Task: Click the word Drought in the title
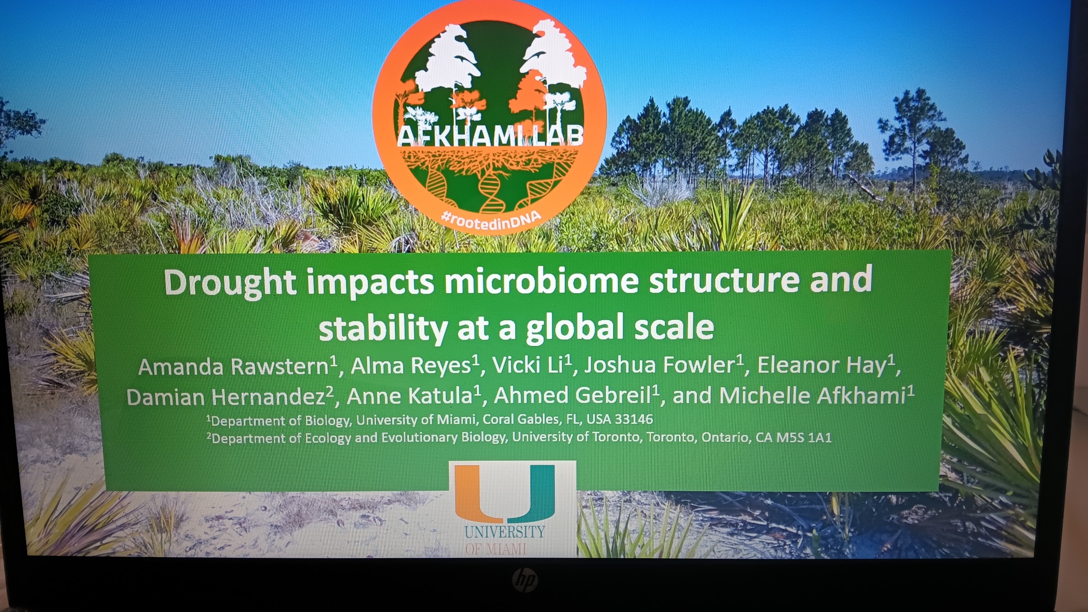click(230, 283)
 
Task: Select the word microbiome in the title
click(541, 281)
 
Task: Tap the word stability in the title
click(383, 329)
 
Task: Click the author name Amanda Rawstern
click(234, 367)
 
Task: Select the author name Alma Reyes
click(411, 366)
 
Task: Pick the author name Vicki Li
click(528, 365)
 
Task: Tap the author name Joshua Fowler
click(660, 364)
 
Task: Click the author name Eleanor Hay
click(821, 365)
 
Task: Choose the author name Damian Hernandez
click(226, 397)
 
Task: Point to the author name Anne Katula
click(410, 396)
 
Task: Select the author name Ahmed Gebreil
click(572, 395)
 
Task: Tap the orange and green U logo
click(505, 493)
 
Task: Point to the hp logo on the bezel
click(524, 580)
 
